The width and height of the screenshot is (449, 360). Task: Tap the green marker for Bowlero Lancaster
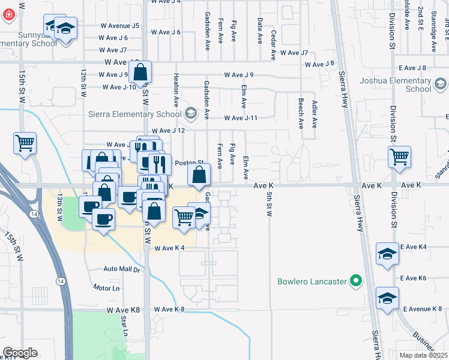pyautogui.click(x=355, y=281)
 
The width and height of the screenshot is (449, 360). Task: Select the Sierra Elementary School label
pyautogui.click(x=143, y=114)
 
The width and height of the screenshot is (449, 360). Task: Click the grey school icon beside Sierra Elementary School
pyautogui.click(x=190, y=113)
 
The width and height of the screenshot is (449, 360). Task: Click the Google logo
pyautogui.click(x=20, y=353)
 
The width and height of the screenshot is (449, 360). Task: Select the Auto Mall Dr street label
pyautogui.click(x=121, y=269)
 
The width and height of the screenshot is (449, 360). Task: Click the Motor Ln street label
pyautogui.click(x=106, y=288)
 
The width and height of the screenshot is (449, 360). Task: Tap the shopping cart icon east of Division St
pyautogui.click(x=399, y=158)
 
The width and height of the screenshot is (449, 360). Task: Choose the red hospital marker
pyautogui.click(x=8, y=14)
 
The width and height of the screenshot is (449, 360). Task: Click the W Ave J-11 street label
pyautogui.click(x=241, y=118)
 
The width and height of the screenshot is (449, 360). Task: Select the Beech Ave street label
pyautogui.click(x=301, y=114)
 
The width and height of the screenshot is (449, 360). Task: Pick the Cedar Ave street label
pyautogui.click(x=273, y=46)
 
